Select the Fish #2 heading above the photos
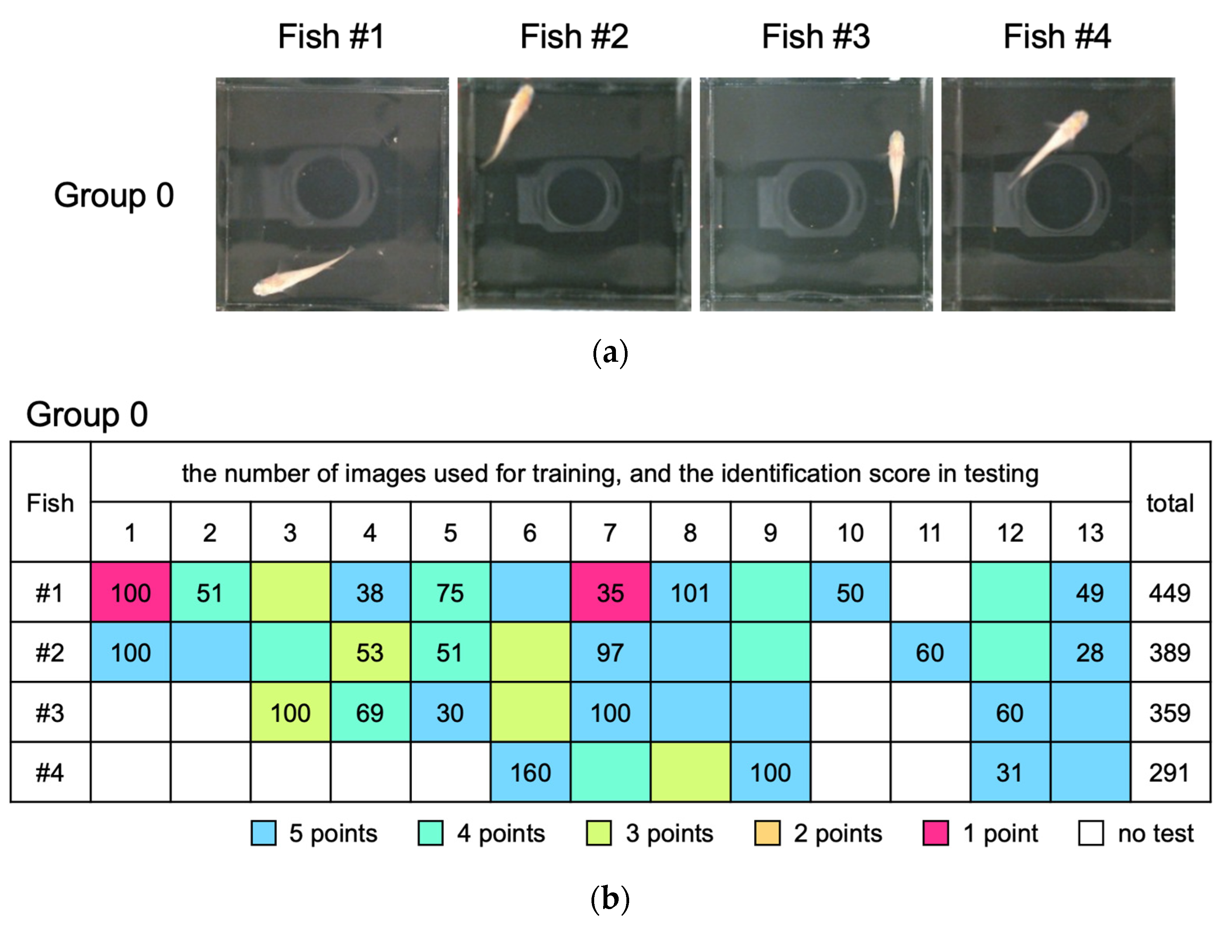[574, 36]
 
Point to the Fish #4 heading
[1057, 36]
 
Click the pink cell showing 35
[610, 592]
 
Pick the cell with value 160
[530, 772]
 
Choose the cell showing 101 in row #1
[690, 592]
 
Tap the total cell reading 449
[1170, 592]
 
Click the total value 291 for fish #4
[1170, 772]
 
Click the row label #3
[50, 712]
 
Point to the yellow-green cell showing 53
[370, 652]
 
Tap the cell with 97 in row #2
[610, 652]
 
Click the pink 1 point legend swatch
[935, 833]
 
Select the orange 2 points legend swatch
[767, 833]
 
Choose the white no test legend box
[1091, 833]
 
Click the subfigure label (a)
[610, 353]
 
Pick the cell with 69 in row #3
[370, 712]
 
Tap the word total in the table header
[1170, 503]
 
